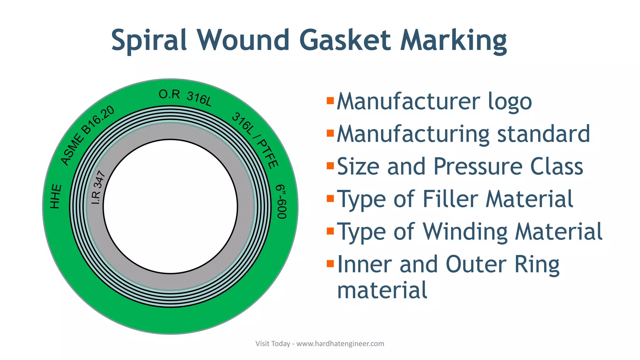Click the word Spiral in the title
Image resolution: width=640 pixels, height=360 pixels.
pos(149,40)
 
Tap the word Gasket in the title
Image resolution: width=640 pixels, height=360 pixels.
pos(345,40)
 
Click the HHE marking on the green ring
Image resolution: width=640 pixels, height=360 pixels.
pos(56,196)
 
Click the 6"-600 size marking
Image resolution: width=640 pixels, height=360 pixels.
pos(282,202)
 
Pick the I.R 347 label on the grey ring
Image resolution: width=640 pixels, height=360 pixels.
pos(98,187)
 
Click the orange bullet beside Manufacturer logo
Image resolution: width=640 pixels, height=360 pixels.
pos(330,101)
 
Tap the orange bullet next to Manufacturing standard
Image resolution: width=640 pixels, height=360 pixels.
pos(330,133)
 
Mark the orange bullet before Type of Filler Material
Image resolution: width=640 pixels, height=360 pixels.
pos(330,198)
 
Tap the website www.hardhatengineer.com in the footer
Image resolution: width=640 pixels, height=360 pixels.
pos(340,344)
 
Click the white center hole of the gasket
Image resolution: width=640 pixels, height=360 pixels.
pos(170,206)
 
